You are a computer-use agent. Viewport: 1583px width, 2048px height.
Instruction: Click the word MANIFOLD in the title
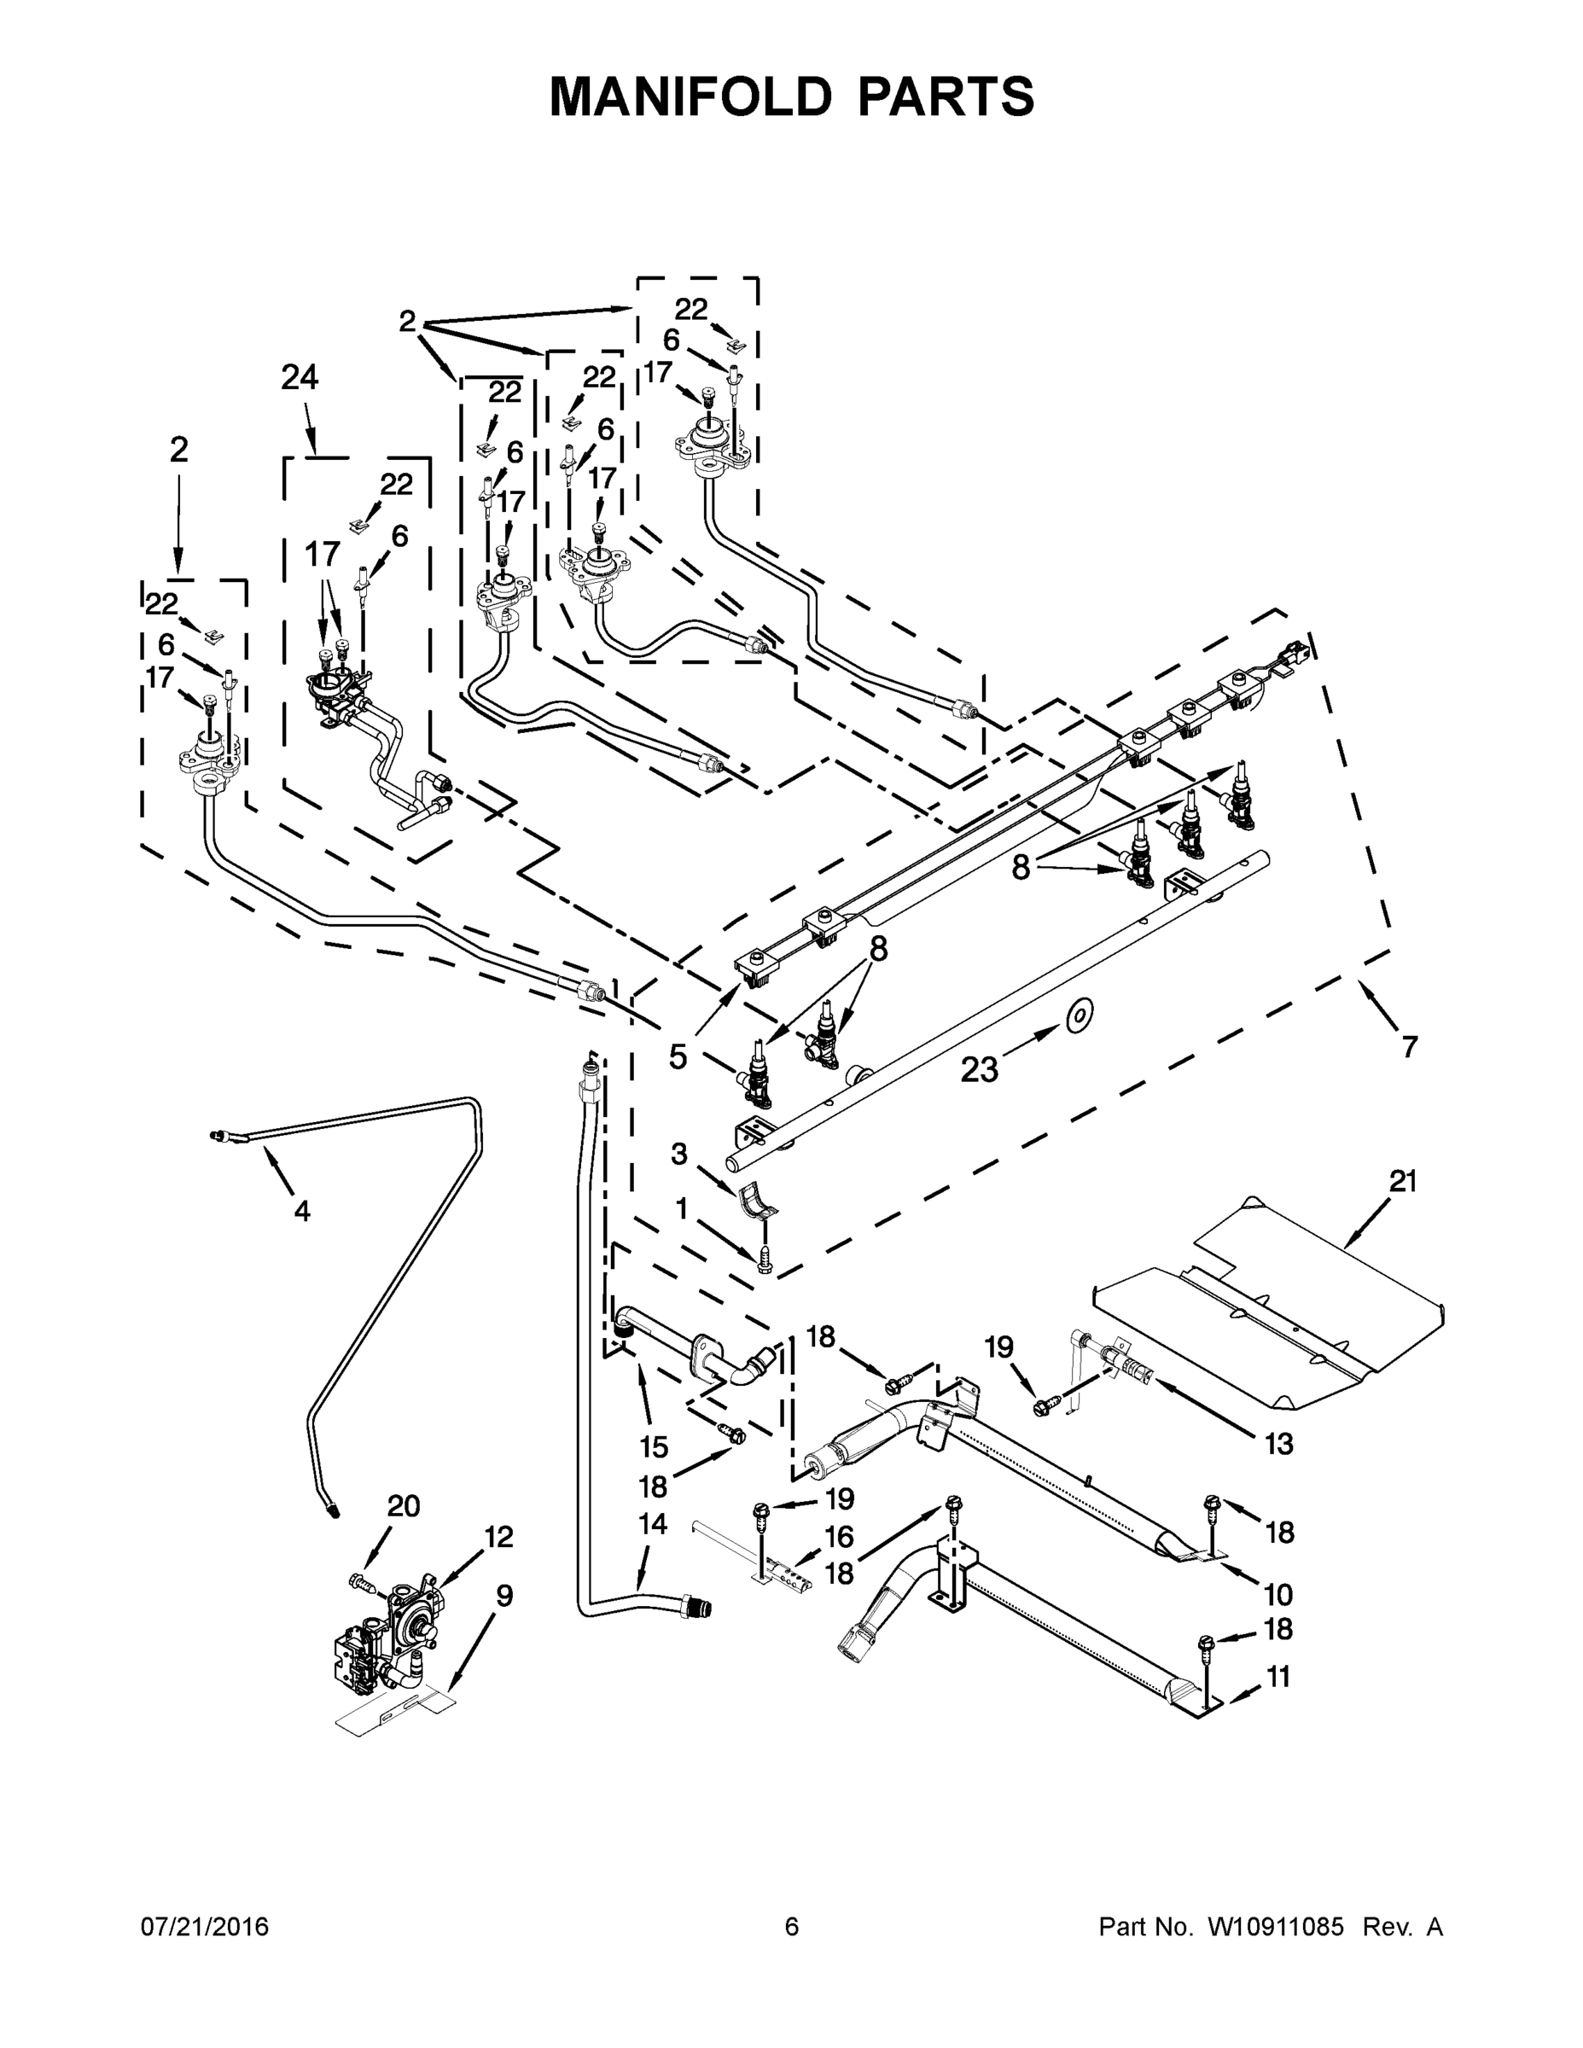pyautogui.click(x=690, y=96)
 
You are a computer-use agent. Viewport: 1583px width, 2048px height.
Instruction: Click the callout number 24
pyautogui.click(x=300, y=378)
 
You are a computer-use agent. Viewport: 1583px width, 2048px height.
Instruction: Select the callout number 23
pyautogui.click(x=980, y=1068)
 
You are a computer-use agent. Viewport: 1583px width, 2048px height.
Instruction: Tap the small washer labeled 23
pyautogui.click(x=1080, y=1014)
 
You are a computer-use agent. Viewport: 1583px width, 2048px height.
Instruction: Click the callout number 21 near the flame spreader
pyautogui.click(x=1403, y=1182)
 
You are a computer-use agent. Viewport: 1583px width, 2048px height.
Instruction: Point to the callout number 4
pyautogui.click(x=301, y=1212)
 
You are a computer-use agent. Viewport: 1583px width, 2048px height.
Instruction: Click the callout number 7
pyautogui.click(x=1410, y=1045)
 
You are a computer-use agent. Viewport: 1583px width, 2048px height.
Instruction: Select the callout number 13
pyautogui.click(x=1278, y=1444)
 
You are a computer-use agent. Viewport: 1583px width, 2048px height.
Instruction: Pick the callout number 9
pyautogui.click(x=504, y=1595)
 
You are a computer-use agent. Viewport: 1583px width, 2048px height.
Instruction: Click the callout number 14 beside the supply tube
pyautogui.click(x=653, y=1525)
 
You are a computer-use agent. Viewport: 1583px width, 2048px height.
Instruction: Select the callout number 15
pyautogui.click(x=654, y=1447)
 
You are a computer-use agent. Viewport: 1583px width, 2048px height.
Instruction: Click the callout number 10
pyautogui.click(x=1278, y=1594)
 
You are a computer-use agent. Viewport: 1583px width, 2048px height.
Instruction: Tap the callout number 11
pyautogui.click(x=1278, y=1676)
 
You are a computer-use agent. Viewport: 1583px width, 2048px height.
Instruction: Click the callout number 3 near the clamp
pyautogui.click(x=679, y=1154)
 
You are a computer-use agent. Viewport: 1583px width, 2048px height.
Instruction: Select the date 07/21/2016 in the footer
pyautogui.click(x=205, y=1927)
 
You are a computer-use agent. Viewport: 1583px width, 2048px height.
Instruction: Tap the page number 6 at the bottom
pyautogui.click(x=792, y=1927)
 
